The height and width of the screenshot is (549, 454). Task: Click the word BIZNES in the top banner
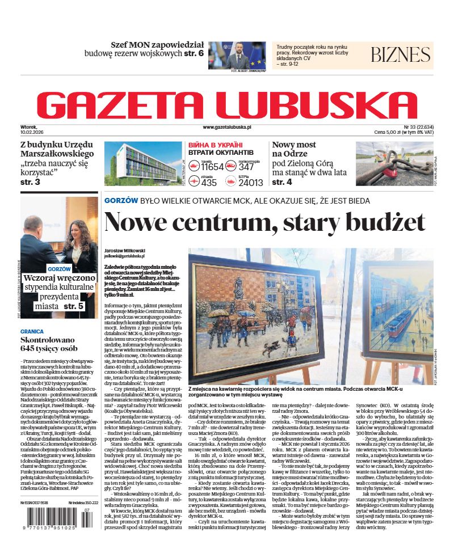pyautogui.click(x=401, y=55)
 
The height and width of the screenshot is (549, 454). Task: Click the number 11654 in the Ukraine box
pyautogui.click(x=213, y=167)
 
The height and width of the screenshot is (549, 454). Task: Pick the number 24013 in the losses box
pyautogui.click(x=251, y=183)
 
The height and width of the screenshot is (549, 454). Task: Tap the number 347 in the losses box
pyautogui.click(x=247, y=167)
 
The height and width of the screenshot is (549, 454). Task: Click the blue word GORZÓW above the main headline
pyautogui.click(x=121, y=201)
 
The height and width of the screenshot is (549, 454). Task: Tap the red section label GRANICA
pyautogui.click(x=32, y=331)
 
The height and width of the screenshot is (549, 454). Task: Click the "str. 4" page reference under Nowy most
pyautogui.click(x=282, y=182)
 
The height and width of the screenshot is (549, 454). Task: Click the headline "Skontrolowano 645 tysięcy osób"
pyautogui.click(x=49, y=344)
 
